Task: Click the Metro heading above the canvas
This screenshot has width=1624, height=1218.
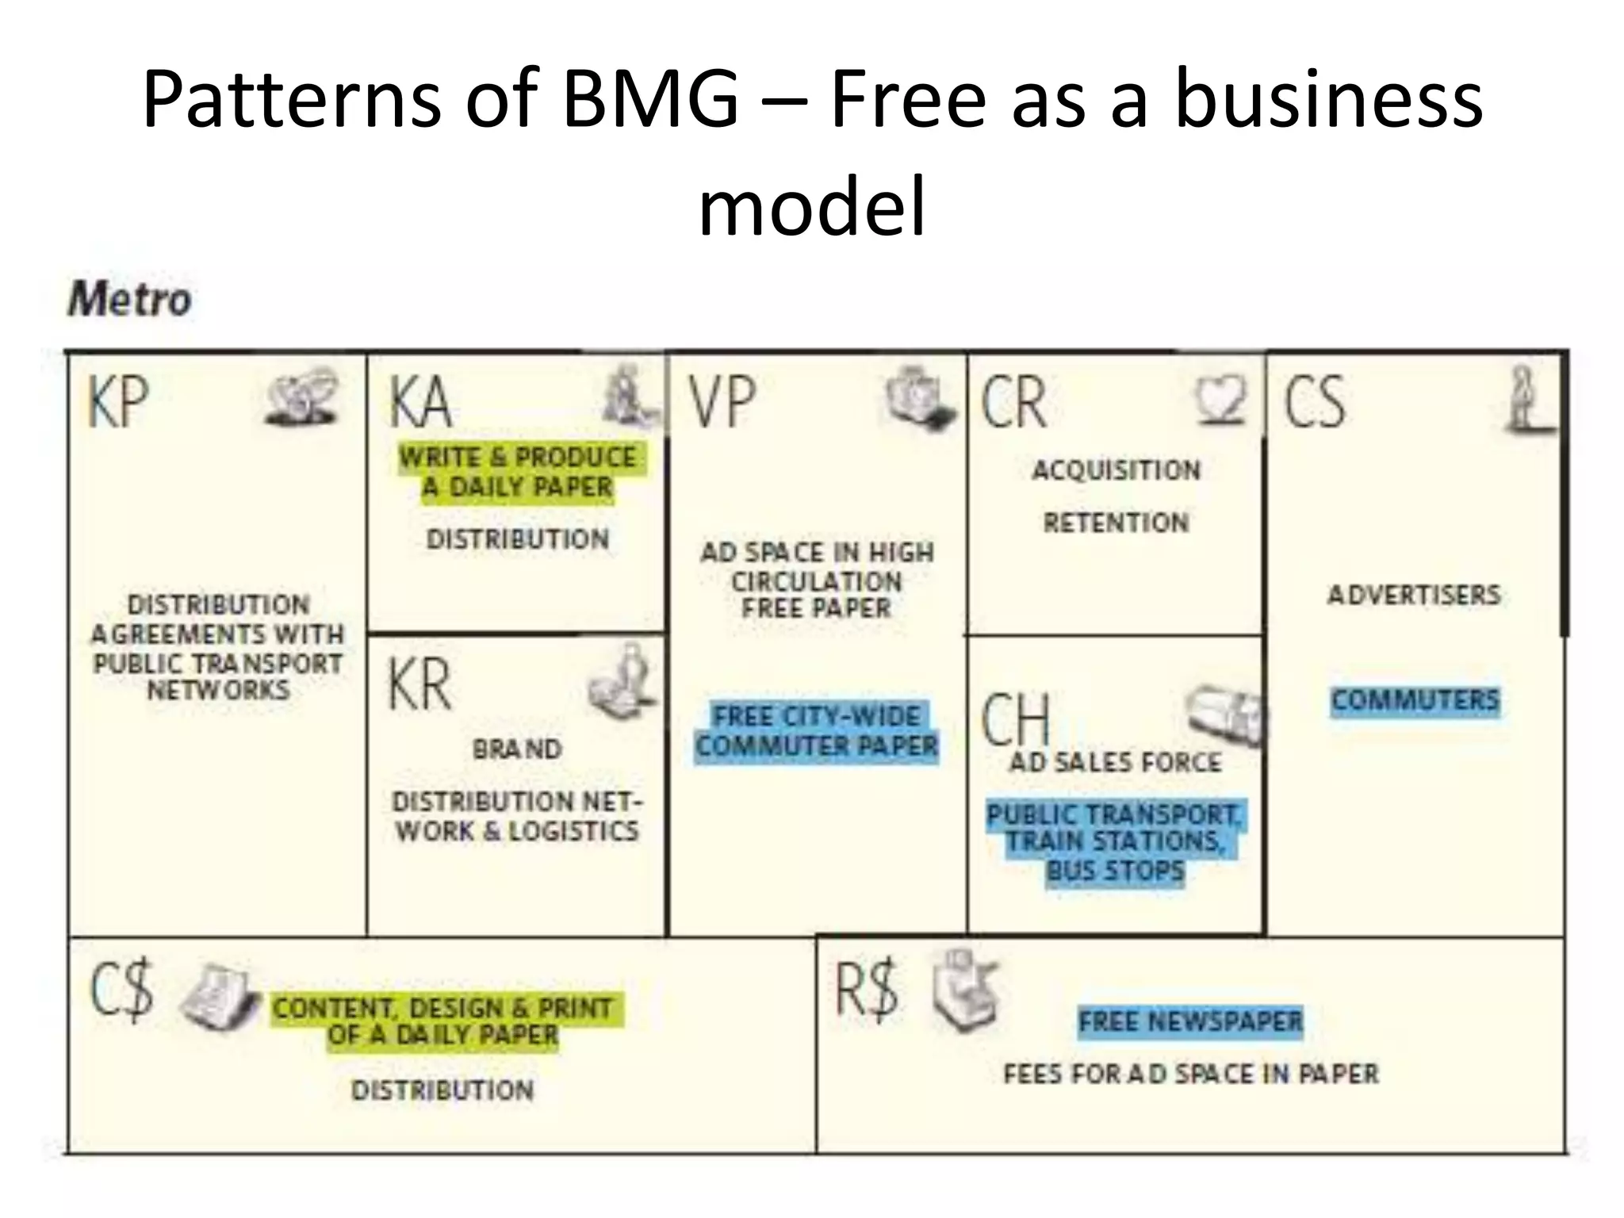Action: point(130,301)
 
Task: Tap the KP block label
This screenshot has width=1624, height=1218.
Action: point(118,401)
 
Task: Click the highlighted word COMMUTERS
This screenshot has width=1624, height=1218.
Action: point(1415,701)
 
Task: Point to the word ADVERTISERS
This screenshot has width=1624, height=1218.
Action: point(1415,595)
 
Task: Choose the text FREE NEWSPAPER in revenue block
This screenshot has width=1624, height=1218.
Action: point(1190,1021)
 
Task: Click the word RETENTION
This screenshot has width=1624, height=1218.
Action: point(1116,523)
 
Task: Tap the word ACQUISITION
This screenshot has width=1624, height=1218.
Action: point(1116,470)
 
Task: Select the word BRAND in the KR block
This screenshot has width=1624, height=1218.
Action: point(517,749)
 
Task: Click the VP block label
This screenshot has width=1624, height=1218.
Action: point(722,403)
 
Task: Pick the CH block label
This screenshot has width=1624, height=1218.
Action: point(1016,718)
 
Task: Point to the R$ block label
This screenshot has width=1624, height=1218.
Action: point(867,987)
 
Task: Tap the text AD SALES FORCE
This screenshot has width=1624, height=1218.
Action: point(1115,763)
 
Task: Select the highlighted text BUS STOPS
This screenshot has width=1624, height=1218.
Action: point(1115,871)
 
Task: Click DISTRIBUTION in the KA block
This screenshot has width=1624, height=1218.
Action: point(518,540)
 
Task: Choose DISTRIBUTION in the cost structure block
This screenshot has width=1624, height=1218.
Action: point(442,1091)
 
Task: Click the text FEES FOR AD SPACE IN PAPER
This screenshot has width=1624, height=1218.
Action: point(1190,1074)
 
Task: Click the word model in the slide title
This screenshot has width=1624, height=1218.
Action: point(812,206)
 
